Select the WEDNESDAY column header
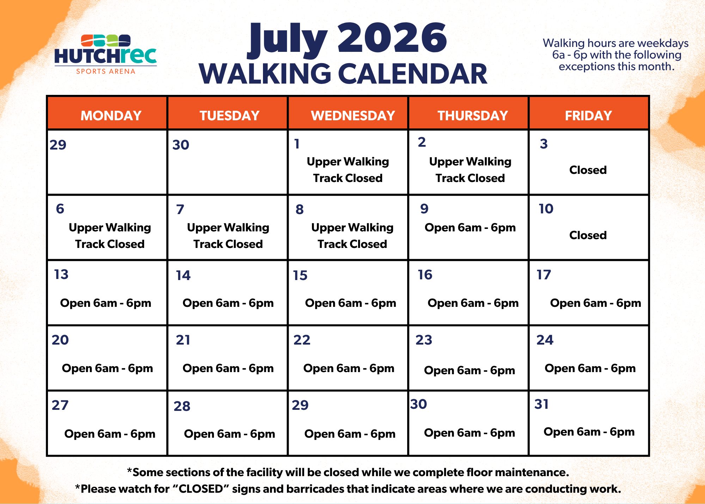click(x=353, y=116)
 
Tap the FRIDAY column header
click(x=588, y=116)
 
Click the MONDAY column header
click(x=111, y=116)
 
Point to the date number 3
click(x=544, y=144)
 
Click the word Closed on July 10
click(x=588, y=235)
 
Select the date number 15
click(x=300, y=275)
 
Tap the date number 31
click(x=541, y=404)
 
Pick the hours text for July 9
click(x=470, y=227)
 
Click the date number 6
click(x=60, y=209)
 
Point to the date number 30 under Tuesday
click(x=181, y=145)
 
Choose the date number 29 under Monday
click(x=58, y=145)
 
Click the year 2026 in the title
click(x=392, y=38)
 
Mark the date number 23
click(x=424, y=340)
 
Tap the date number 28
click(x=182, y=406)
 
